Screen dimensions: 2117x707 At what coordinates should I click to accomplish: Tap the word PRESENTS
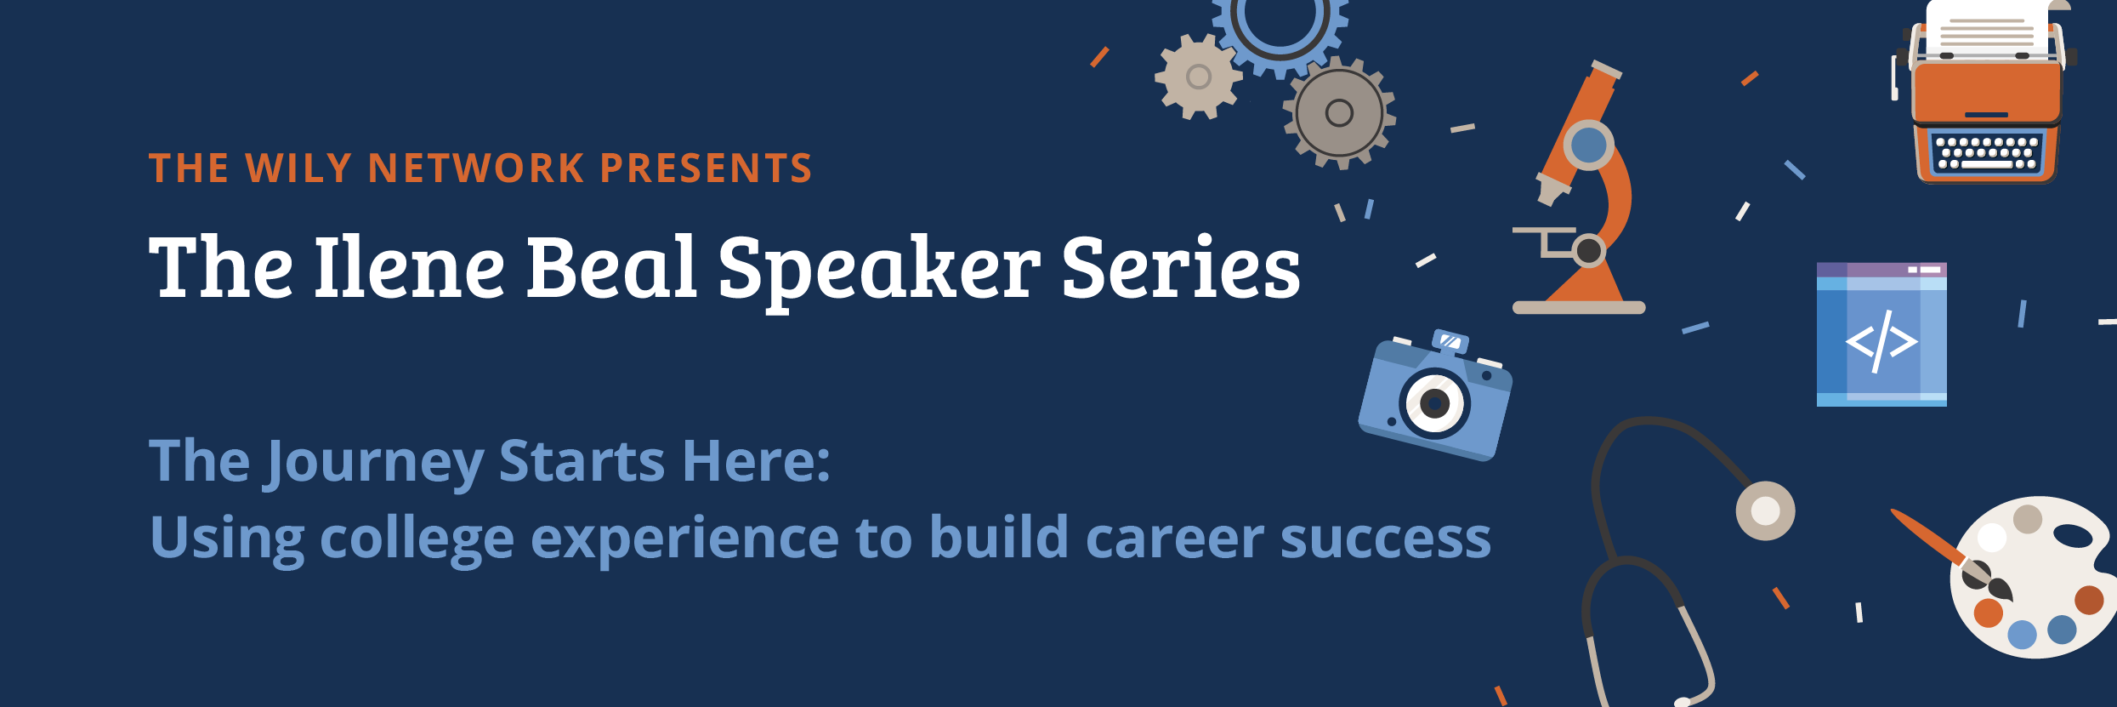pos(707,168)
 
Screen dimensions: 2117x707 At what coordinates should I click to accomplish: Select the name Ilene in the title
pos(410,267)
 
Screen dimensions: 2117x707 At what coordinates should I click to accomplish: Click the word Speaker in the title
pos(879,271)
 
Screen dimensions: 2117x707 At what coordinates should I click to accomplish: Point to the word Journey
pos(374,463)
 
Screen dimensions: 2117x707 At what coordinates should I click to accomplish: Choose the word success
pos(1386,539)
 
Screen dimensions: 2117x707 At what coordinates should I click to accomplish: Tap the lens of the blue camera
pos(1435,403)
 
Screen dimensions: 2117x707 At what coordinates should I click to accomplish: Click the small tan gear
pos(1198,77)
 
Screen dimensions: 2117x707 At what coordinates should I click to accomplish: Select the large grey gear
pos(1339,112)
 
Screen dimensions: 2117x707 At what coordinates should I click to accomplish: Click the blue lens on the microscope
pos(1588,145)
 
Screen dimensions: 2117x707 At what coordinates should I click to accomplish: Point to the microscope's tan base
pos(1579,307)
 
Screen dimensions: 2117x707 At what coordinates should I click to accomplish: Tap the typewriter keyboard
pos(1987,153)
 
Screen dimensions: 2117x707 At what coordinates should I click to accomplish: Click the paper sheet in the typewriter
pos(1987,28)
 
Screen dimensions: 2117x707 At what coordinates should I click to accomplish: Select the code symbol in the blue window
pos(1881,341)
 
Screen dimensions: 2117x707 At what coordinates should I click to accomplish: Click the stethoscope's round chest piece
pos(1765,510)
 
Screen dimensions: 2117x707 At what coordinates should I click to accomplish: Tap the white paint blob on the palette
pos(1992,537)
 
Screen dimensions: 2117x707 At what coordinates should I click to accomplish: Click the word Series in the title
pos(1181,267)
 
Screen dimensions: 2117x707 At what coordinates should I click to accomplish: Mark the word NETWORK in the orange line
pos(476,168)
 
